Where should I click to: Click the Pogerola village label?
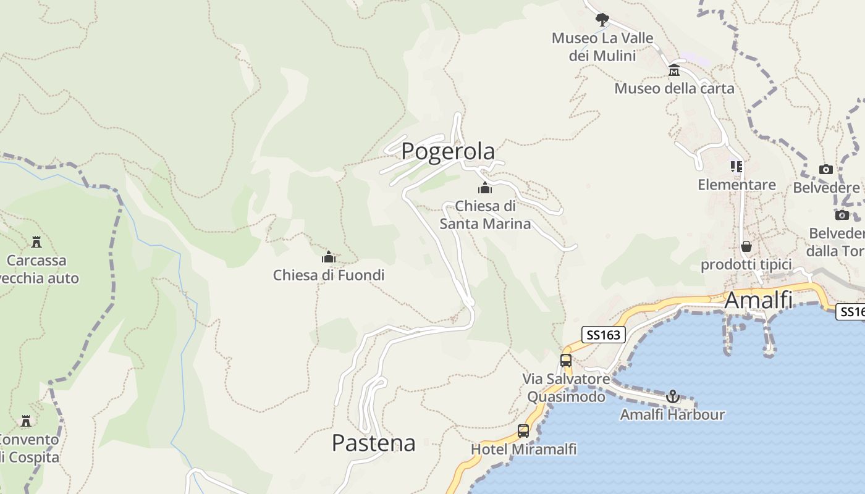click(x=448, y=151)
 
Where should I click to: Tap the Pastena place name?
click(x=373, y=443)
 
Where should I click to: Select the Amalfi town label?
click(x=757, y=300)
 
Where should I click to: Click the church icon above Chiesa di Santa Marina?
click(x=485, y=188)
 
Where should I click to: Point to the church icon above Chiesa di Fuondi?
click(x=329, y=257)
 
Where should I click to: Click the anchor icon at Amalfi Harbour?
click(x=673, y=396)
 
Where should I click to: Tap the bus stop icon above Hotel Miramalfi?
click(x=523, y=431)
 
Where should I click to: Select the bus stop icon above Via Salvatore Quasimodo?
click(x=566, y=361)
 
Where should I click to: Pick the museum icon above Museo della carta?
click(x=674, y=70)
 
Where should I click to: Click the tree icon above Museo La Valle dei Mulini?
click(x=602, y=20)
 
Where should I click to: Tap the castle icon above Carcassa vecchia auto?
click(x=36, y=241)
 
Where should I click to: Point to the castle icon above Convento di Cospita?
click(x=26, y=421)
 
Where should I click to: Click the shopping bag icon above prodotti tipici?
click(x=746, y=246)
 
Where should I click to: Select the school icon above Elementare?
click(x=736, y=167)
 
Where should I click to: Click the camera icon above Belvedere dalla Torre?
click(x=842, y=215)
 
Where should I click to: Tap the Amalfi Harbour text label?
click(x=672, y=414)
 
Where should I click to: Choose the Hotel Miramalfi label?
click(x=523, y=449)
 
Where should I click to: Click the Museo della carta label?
click(x=674, y=88)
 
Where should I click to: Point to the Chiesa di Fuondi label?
click(x=329, y=275)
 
